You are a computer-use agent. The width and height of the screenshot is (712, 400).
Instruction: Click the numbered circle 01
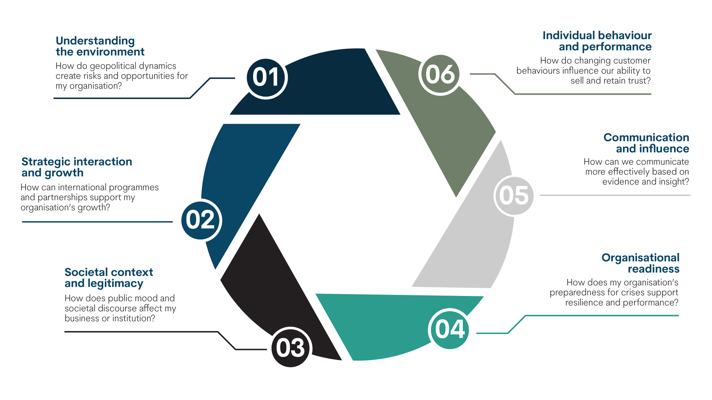click(x=266, y=78)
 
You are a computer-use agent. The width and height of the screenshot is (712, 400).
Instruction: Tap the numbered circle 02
click(x=201, y=220)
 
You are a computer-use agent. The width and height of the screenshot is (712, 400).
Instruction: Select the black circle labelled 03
click(x=291, y=348)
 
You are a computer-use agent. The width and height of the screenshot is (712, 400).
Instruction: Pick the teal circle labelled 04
click(x=449, y=329)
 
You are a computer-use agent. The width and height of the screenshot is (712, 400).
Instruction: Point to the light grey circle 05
click(x=514, y=196)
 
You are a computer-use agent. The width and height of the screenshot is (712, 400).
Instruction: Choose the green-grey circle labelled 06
click(x=440, y=74)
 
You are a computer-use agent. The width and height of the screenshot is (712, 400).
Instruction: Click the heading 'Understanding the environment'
click(x=100, y=46)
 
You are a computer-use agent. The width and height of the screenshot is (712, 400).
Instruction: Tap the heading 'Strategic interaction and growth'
click(x=76, y=167)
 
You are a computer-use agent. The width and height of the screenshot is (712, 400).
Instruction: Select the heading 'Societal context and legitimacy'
click(x=108, y=278)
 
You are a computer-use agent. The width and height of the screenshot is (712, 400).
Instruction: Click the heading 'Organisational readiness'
click(x=640, y=263)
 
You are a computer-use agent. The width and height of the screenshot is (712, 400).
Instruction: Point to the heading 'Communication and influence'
click(x=646, y=143)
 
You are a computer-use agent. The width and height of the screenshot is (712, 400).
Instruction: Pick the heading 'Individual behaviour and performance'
click(x=597, y=41)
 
